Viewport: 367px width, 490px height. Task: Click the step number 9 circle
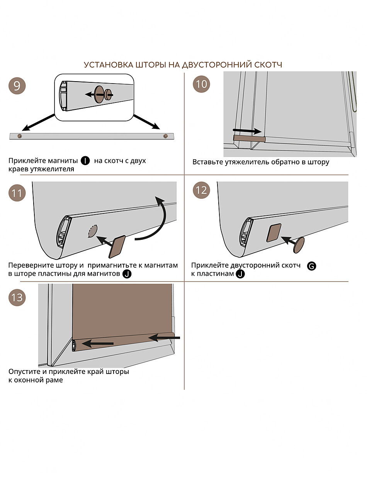tap(17, 85)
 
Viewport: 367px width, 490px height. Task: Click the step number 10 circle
tap(202, 84)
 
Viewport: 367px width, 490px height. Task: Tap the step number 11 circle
tap(17, 193)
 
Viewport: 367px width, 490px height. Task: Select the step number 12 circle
tap(202, 190)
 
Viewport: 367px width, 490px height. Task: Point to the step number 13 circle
tap(17, 298)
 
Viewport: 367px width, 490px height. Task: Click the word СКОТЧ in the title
tap(269, 65)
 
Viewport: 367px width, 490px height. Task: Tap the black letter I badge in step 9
tap(85, 160)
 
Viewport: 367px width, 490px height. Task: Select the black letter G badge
tap(311, 266)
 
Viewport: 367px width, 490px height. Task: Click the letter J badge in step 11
tap(126, 274)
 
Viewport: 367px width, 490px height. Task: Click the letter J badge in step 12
tap(240, 274)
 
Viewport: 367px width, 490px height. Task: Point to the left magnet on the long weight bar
tap(20, 136)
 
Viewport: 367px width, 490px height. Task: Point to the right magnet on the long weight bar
tap(166, 136)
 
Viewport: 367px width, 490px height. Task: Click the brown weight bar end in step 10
tap(249, 138)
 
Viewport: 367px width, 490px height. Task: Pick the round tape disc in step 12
tap(299, 245)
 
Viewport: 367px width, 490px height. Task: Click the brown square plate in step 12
tap(274, 233)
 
